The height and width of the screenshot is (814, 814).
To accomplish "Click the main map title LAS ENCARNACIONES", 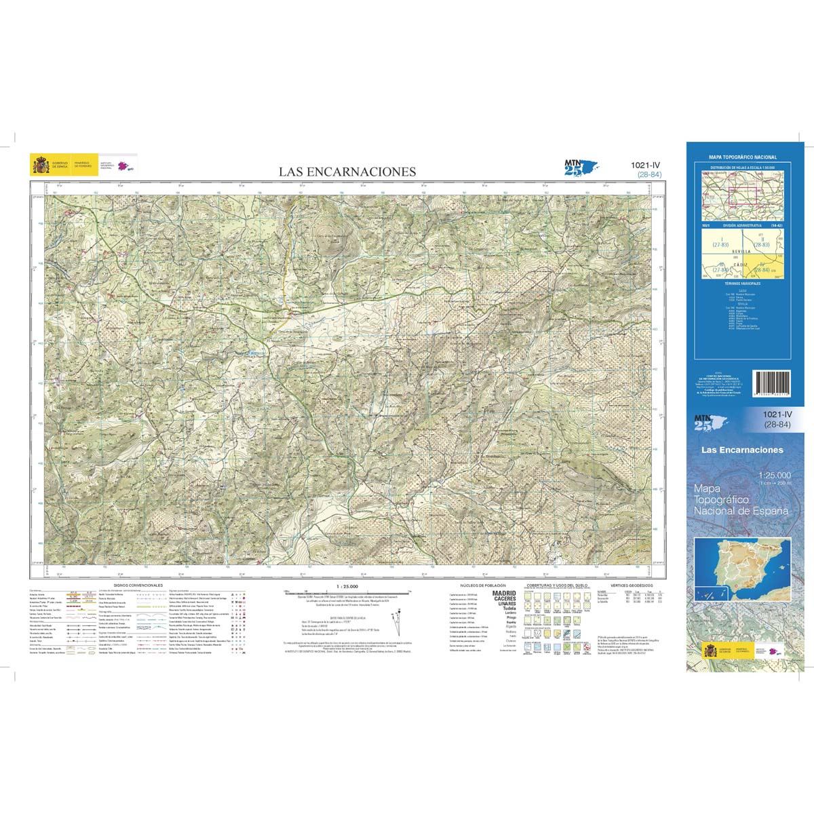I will pyautogui.click(x=347, y=172).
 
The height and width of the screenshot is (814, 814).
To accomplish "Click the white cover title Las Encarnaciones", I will pyautogui.click(x=741, y=450).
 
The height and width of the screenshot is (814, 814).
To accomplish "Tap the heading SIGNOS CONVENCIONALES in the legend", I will pyautogui.click(x=138, y=585).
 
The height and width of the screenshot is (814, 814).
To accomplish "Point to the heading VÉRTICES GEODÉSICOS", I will pyautogui.click(x=631, y=585).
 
